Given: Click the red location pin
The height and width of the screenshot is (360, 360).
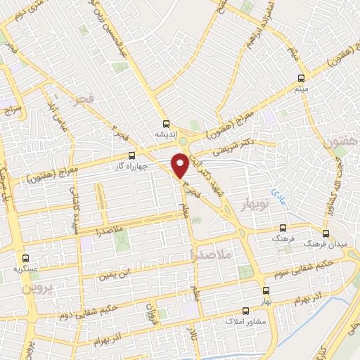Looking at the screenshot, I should click(x=181, y=165).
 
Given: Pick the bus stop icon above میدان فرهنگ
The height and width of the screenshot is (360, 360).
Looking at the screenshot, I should click(x=326, y=233).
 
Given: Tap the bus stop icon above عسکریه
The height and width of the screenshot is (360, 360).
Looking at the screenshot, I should click(x=25, y=258).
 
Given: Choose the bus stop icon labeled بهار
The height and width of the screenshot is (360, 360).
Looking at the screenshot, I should click(x=265, y=290).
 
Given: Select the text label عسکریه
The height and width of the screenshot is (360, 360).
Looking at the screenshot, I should click(x=25, y=269).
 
